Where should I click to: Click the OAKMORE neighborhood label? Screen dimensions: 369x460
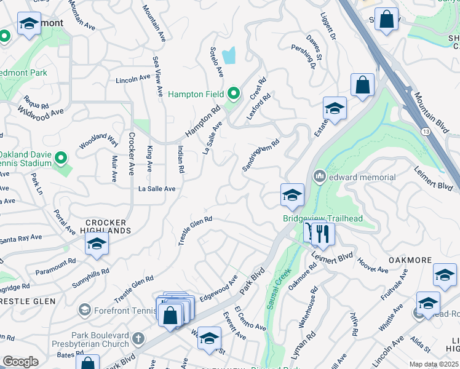pos(410,260)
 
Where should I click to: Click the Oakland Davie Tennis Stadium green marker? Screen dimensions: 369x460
pos(60,159)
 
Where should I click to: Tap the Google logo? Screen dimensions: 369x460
pos(20,362)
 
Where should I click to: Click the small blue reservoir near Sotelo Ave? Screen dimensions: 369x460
pos(229,56)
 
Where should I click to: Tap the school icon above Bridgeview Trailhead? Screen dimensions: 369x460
pos(292,196)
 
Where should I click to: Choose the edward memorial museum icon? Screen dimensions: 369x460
pos(319,177)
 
